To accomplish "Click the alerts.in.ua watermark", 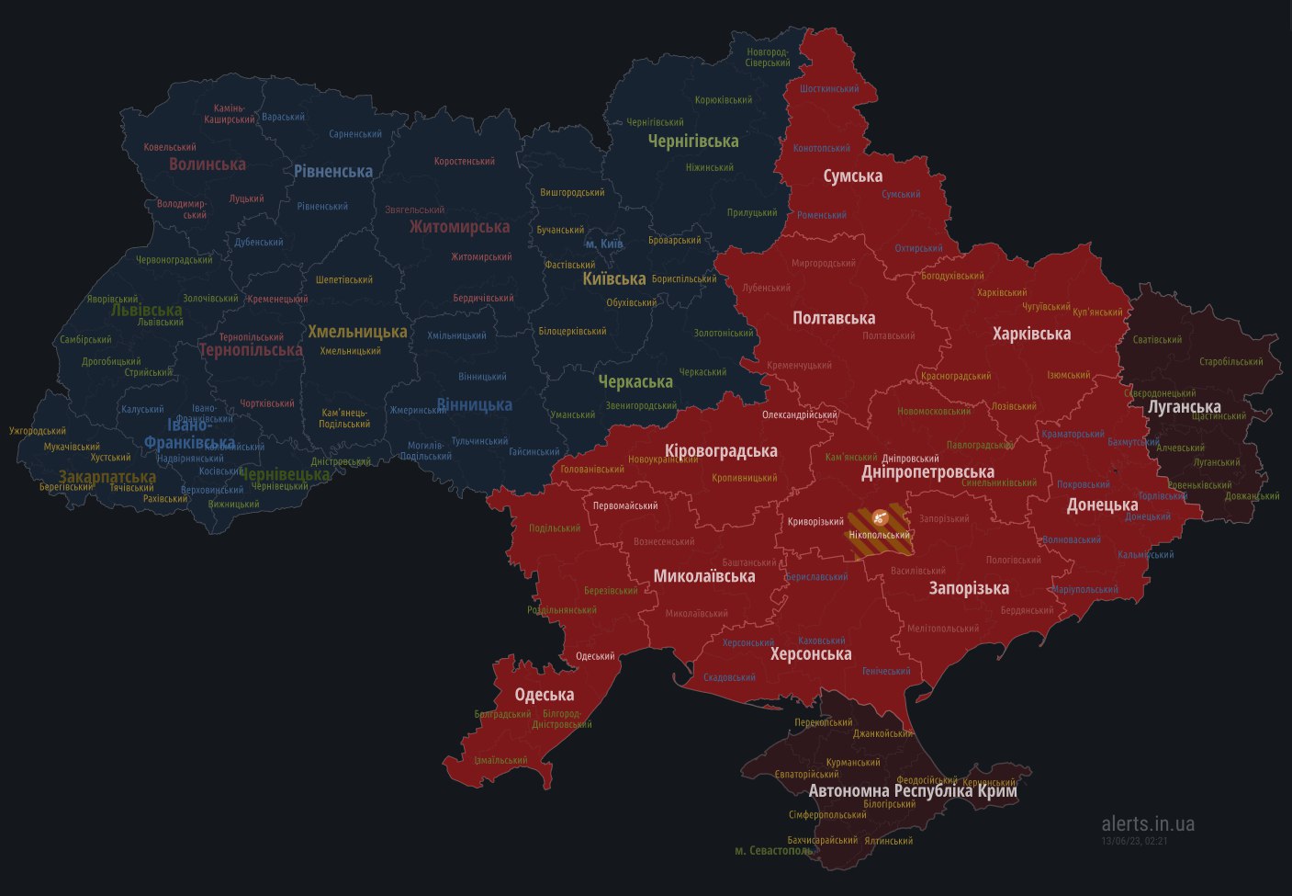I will pyautogui.click(x=1148, y=823).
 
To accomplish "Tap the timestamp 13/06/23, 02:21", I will pyautogui.click(x=1134, y=840).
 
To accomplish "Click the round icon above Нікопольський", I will pyautogui.click(x=880, y=517).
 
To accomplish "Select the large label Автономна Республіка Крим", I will pyautogui.click(x=913, y=790).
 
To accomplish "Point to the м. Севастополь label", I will pyautogui.click(x=774, y=851).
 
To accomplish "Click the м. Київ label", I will pyautogui.click(x=604, y=244).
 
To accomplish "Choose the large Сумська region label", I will pyautogui.click(x=852, y=176).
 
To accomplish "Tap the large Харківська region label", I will pyautogui.click(x=1032, y=334).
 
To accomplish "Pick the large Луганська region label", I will pyautogui.click(x=1185, y=406).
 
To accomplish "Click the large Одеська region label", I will pyautogui.click(x=544, y=695).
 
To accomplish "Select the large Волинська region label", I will pyautogui.click(x=207, y=164).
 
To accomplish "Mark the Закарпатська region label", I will pyautogui.click(x=107, y=477).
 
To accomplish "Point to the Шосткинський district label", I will pyautogui.click(x=829, y=89).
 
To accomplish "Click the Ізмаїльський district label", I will pyautogui.click(x=500, y=761).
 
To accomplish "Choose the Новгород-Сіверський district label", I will pyautogui.click(x=769, y=57).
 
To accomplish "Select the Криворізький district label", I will pyautogui.click(x=815, y=522).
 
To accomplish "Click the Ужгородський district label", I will pyautogui.click(x=38, y=431).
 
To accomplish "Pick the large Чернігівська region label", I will pyautogui.click(x=693, y=142).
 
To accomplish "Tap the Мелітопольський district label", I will pyautogui.click(x=943, y=629).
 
